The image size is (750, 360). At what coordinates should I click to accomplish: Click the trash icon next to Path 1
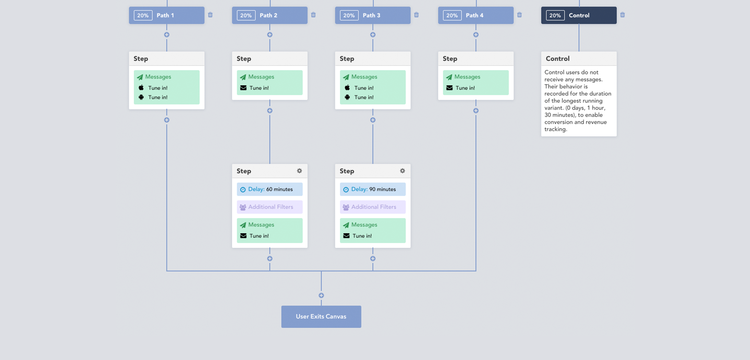(x=210, y=15)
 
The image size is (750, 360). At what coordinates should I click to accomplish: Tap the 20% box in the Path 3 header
(x=349, y=15)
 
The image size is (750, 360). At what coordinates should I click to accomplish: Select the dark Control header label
(x=579, y=15)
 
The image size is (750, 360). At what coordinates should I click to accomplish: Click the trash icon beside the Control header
(x=622, y=15)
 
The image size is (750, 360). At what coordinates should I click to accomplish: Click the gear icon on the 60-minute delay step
(x=299, y=171)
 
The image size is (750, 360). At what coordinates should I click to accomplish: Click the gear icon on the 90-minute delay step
(x=403, y=171)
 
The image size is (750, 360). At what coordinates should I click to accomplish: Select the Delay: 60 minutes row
(x=270, y=189)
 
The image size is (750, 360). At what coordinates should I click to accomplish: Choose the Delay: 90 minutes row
(x=373, y=189)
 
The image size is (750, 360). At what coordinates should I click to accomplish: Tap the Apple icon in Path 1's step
(x=141, y=88)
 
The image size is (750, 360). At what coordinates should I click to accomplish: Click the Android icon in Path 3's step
(x=347, y=97)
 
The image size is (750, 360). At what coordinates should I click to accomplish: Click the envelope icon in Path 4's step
(x=449, y=88)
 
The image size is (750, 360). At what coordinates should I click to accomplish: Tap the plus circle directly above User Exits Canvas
(x=321, y=295)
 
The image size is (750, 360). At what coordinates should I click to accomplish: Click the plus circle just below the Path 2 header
(x=270, y=35)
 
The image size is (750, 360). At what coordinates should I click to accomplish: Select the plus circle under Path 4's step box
(x=476, y=111)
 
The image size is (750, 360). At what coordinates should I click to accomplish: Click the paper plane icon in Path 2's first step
(x=243, y=77)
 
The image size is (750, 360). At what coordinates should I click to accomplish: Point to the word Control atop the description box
(x=557, y=58)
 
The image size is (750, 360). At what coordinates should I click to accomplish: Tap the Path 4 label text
(x=474, y=15)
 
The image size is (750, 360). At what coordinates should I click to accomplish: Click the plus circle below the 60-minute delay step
(x=270, y=259)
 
